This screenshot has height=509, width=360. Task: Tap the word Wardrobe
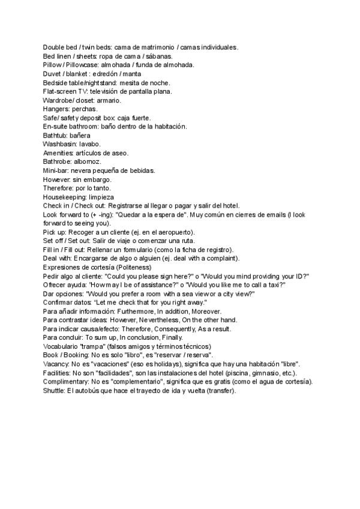[x=58, y=100]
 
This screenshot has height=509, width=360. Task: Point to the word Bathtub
[x=55, y=135]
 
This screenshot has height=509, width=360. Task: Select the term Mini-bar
[x=57, y=170]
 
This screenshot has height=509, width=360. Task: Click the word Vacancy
[x=57, y=364]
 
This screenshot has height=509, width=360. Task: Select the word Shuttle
[x=55, y=391]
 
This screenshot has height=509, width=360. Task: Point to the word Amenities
[x=59, y=153]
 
